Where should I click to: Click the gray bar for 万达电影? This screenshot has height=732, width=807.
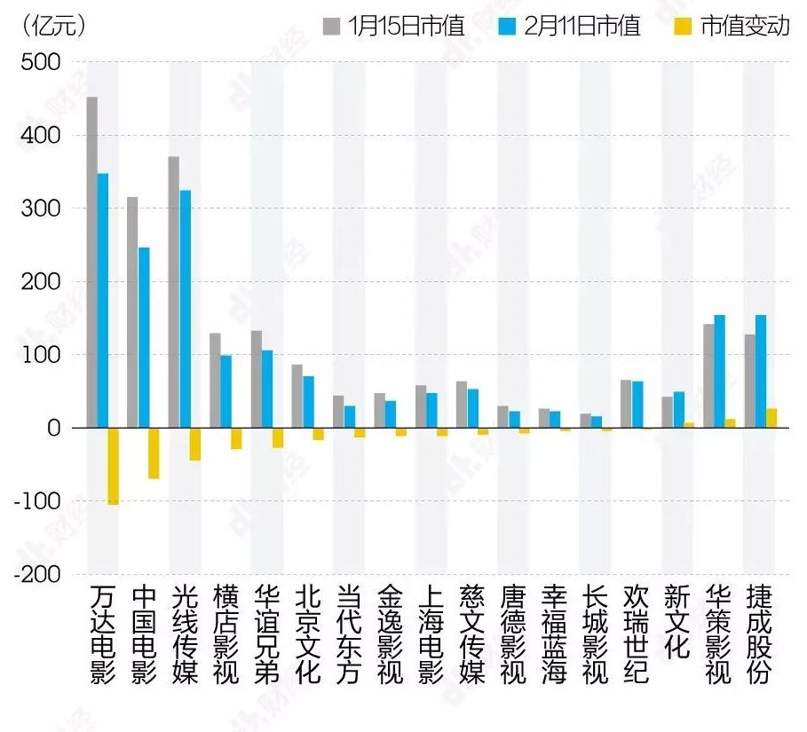(91, 262)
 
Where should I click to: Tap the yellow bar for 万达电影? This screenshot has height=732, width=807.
(114, 466)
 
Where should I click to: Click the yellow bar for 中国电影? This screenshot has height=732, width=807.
(154, 453)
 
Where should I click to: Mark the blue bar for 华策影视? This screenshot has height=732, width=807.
(719, 371)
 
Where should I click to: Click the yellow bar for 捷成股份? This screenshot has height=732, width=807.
(771, 418)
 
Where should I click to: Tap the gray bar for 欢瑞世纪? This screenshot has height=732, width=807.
(626, 404)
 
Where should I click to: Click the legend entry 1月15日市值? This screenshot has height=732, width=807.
(393, 26)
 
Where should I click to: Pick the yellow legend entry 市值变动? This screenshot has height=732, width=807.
(732, 26)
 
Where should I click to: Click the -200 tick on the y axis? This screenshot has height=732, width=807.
(37, 574)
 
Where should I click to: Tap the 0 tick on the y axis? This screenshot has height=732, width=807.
(52, 428)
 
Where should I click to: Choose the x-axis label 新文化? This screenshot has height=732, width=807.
(676, 621)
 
